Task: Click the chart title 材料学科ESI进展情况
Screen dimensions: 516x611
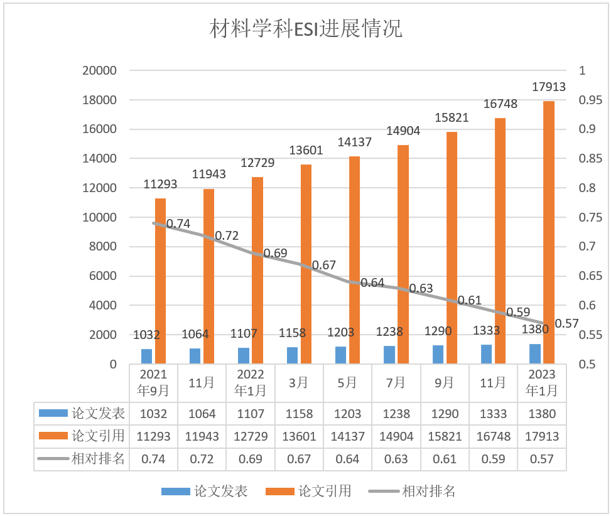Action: click(306, 29)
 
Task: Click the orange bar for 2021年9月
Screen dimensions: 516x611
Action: click(161, 281)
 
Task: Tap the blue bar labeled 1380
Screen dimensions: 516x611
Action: click(535, 353)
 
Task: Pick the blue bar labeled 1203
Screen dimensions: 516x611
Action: click(341, 355)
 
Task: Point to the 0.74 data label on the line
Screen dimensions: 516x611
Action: click(178, 223)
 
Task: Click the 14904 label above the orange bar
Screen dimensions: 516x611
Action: click(403, 131)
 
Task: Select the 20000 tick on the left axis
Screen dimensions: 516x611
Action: click(100, 70)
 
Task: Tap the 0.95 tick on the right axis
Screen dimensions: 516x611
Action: click(590, 100)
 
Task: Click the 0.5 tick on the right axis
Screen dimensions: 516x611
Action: click(586, 364)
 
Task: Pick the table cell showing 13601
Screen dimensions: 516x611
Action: click(299, 436)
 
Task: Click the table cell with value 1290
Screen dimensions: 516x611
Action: click(445, 414)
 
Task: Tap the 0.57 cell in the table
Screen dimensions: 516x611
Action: click(541, 459)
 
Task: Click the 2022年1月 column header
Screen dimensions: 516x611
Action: click(251, 382)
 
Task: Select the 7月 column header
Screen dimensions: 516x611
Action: click(396, 382)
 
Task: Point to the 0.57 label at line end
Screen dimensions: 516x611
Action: click(566, 323)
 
